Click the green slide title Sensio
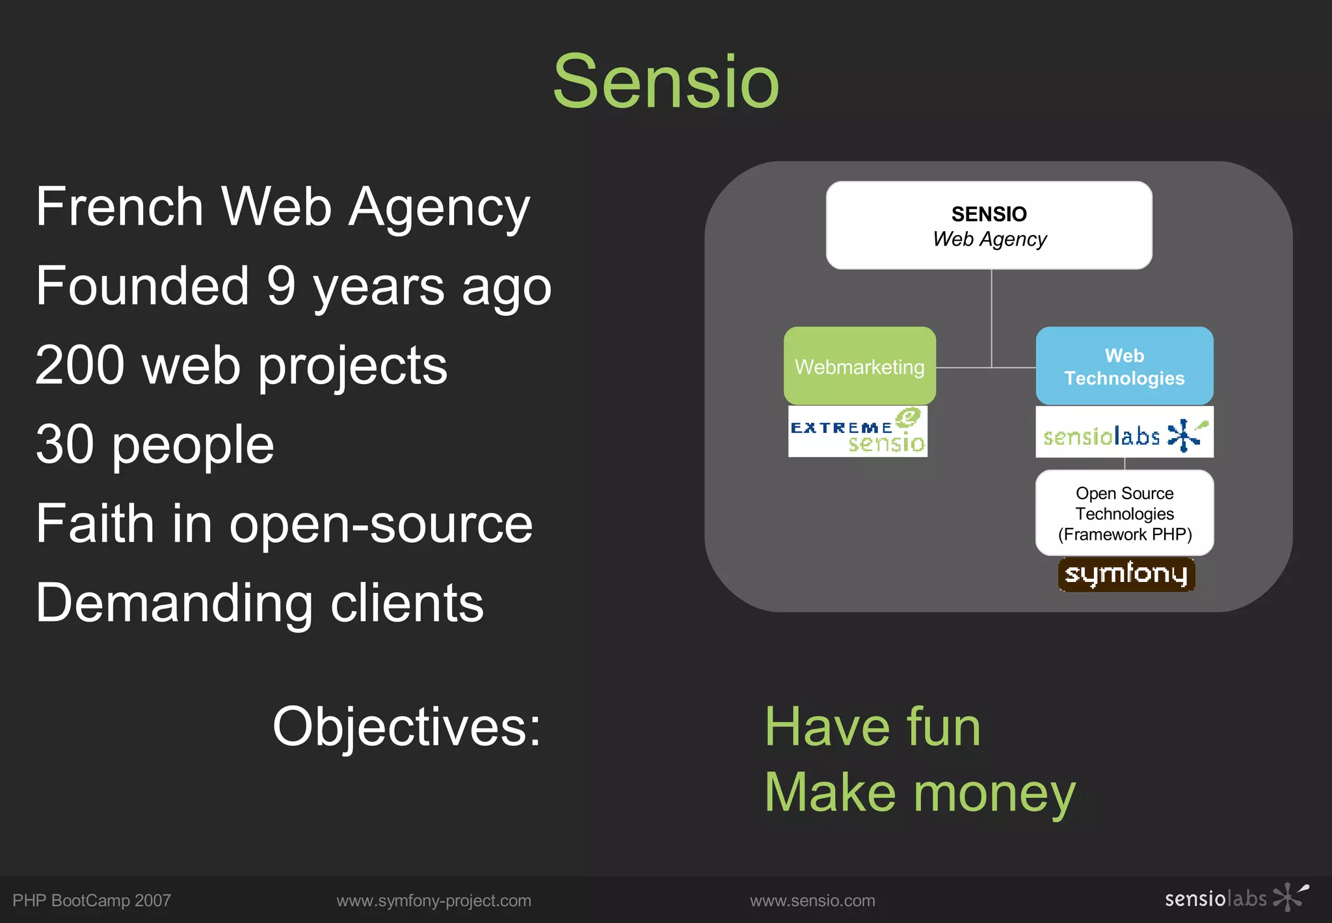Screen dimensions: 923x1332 click(x=665, y=83)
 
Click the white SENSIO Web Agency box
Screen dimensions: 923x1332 click(x=989, y=225)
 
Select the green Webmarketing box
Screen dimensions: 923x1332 click(x=859, y=366)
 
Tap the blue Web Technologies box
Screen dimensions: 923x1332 click(x=1124, y=366)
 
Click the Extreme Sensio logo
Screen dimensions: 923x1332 click(x=857, y=432)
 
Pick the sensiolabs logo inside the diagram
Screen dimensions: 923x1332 click(x=1124, y=433)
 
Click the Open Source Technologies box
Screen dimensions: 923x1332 click(x=1124, y=514)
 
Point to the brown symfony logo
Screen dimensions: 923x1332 click(x=1126, y=574)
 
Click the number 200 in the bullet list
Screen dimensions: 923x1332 click(x=79, y=366)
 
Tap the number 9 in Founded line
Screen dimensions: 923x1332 click(x=281, y=286)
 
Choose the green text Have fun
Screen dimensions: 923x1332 click(x=872, y=727)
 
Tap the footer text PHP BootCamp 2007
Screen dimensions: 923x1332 click(x=92, y=900)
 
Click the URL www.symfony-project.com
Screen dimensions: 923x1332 click(x=434, y=900)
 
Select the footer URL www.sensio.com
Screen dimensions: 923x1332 click(x=812, y=900)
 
